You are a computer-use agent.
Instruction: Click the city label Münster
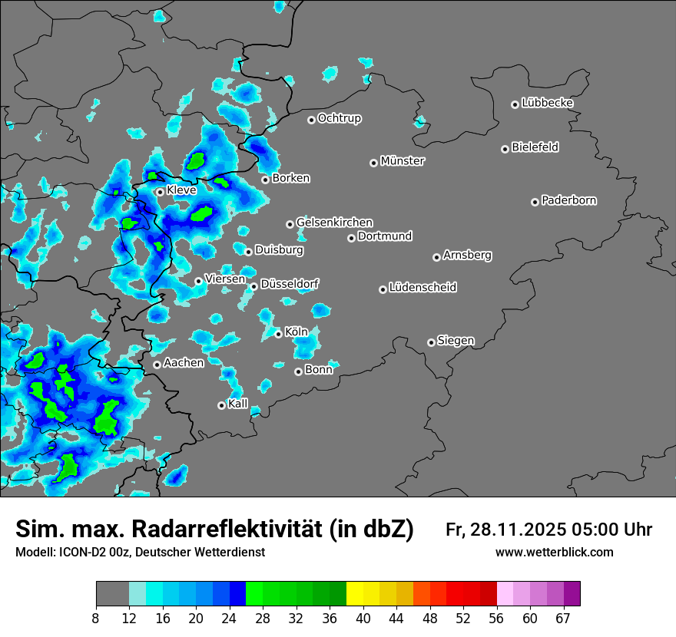(403, 161)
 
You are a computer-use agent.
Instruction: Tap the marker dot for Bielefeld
(505, 149)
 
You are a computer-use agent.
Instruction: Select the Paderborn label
(569, 200)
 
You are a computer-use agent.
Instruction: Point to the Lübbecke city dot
(515, 104)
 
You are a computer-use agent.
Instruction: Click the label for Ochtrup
(340, 118)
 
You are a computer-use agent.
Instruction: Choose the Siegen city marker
(431, 342)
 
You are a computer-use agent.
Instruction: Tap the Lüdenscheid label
(422, 288)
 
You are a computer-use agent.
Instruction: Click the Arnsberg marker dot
(436, 257)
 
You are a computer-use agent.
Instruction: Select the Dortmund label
(385, 236)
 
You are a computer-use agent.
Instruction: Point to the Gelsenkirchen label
(334, 223)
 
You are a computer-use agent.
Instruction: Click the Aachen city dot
(157, 365)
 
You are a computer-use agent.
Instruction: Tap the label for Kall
(238, 404)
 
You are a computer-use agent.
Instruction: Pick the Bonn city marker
(298, 371)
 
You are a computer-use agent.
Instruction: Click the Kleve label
(181, 190)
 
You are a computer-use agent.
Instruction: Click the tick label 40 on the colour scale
(363, 618)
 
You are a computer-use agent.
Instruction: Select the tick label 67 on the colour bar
(563, 618)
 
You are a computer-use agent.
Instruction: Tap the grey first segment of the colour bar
(112, 594)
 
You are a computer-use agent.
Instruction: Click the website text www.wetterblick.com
(554, 553)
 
